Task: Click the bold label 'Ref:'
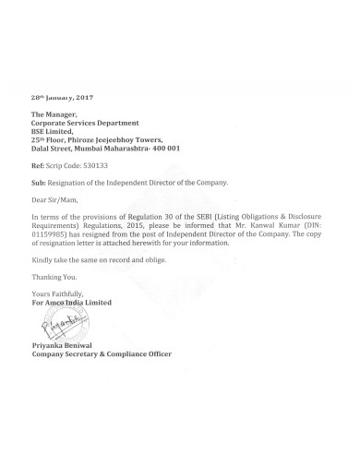pos(37,166)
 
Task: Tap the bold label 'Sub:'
pos(38,184)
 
